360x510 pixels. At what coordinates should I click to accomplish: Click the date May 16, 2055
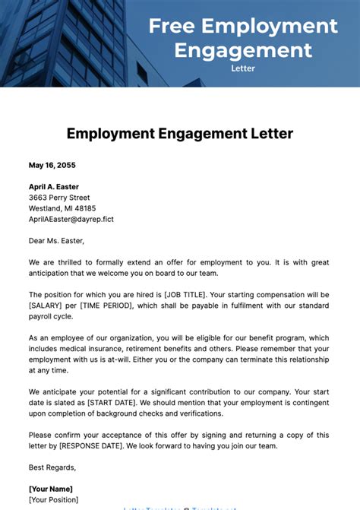click(x=52, y=165)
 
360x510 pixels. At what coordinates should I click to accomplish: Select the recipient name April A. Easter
click(x=53, y=186)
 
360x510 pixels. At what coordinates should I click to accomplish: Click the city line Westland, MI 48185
click(x=62, y=207)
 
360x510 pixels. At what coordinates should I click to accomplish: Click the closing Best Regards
click(x=52, y=467)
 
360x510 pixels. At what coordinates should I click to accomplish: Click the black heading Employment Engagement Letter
click(x=180, y=134)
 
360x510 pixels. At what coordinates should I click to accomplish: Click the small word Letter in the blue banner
click(x=243, y=68)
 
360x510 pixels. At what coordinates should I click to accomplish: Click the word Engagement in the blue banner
click(x=243, y=49)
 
